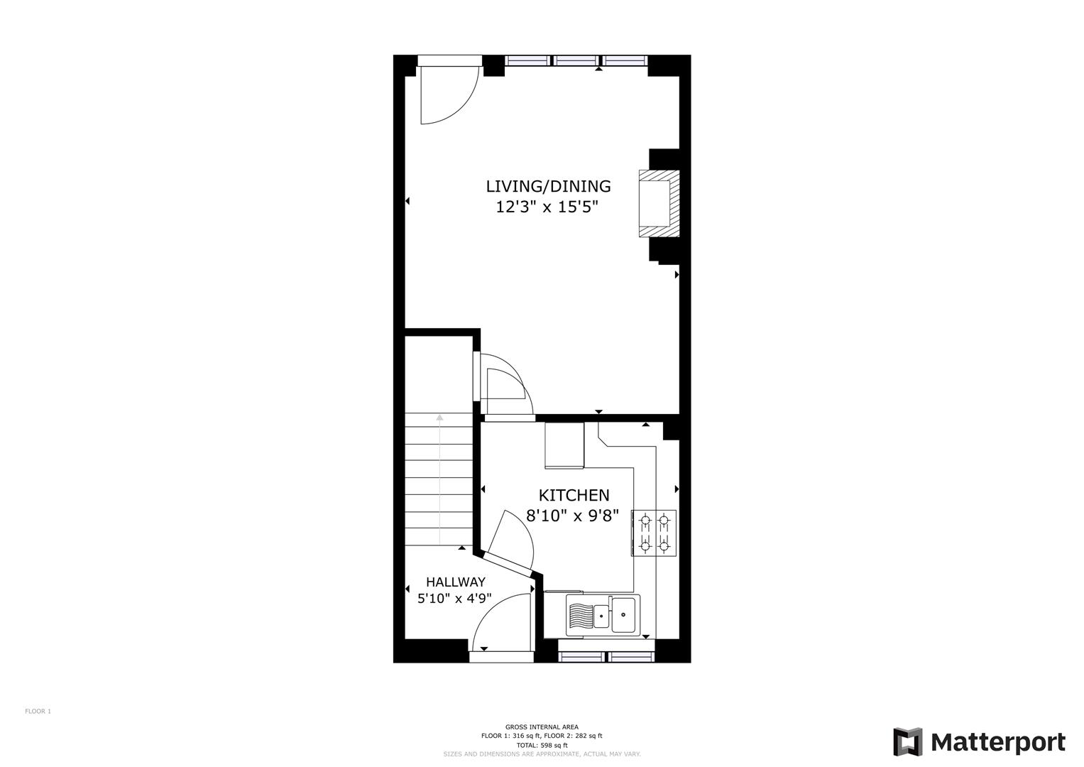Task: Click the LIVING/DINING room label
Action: point(548,186)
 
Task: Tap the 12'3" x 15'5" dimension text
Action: point(547,207)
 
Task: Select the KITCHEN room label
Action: point(574,496)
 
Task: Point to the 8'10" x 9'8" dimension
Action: point(572,516)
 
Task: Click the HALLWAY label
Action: point(455,582)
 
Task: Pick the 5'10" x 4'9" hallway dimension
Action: point(454,599)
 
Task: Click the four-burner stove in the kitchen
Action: point(654,533)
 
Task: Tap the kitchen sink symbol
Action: point(603,616)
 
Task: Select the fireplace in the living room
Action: point(659,203)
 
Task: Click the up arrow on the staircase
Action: point(439,479)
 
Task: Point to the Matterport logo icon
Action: point(908,742)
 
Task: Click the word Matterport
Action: point(998,742)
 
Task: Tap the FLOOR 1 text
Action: point(38,712)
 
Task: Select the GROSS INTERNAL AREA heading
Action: point(542,727)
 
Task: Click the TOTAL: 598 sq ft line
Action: point(542,745)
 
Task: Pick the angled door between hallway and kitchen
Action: point(508,565)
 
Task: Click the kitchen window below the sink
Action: point(606,657)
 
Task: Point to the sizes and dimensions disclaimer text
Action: point(542,754)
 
